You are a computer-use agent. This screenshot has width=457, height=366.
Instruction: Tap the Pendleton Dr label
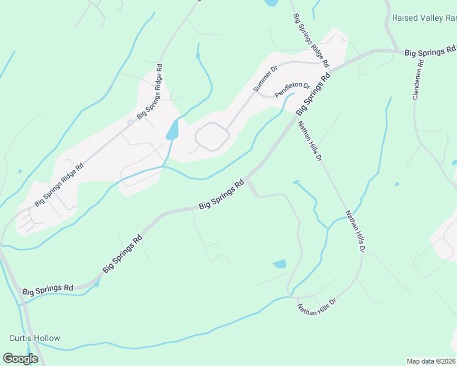pyautogui.click(x=293, y=90)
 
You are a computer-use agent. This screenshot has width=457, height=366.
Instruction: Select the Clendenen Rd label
pyautogui.click(x=419, y=79)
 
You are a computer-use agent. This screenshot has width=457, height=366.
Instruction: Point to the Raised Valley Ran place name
pyautogui.click(x=425, y=18)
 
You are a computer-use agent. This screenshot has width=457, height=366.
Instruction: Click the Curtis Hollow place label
pyautogui.click(x=35, y=338)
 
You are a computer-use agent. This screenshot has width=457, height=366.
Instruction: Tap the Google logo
pyautogui.click(x=20, y=359)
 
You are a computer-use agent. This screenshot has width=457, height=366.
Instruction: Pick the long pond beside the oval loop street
pyautogui.click(x=172, y=129)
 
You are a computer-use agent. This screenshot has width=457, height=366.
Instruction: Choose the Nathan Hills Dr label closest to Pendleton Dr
pyautogui.click(x=310, y=141)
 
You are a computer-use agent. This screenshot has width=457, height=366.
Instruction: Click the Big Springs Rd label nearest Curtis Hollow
pyautogui.click(x=48, y=290)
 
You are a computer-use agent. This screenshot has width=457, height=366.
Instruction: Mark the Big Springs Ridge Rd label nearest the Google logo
pyautogui.click(x=59, y=185)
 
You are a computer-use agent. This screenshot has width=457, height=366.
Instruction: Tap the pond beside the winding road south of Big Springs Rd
pyautogui.click(x=279, y=264)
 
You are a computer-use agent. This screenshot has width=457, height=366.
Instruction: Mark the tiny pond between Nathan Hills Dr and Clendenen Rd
pyautogui.click(x=397, y=184)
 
